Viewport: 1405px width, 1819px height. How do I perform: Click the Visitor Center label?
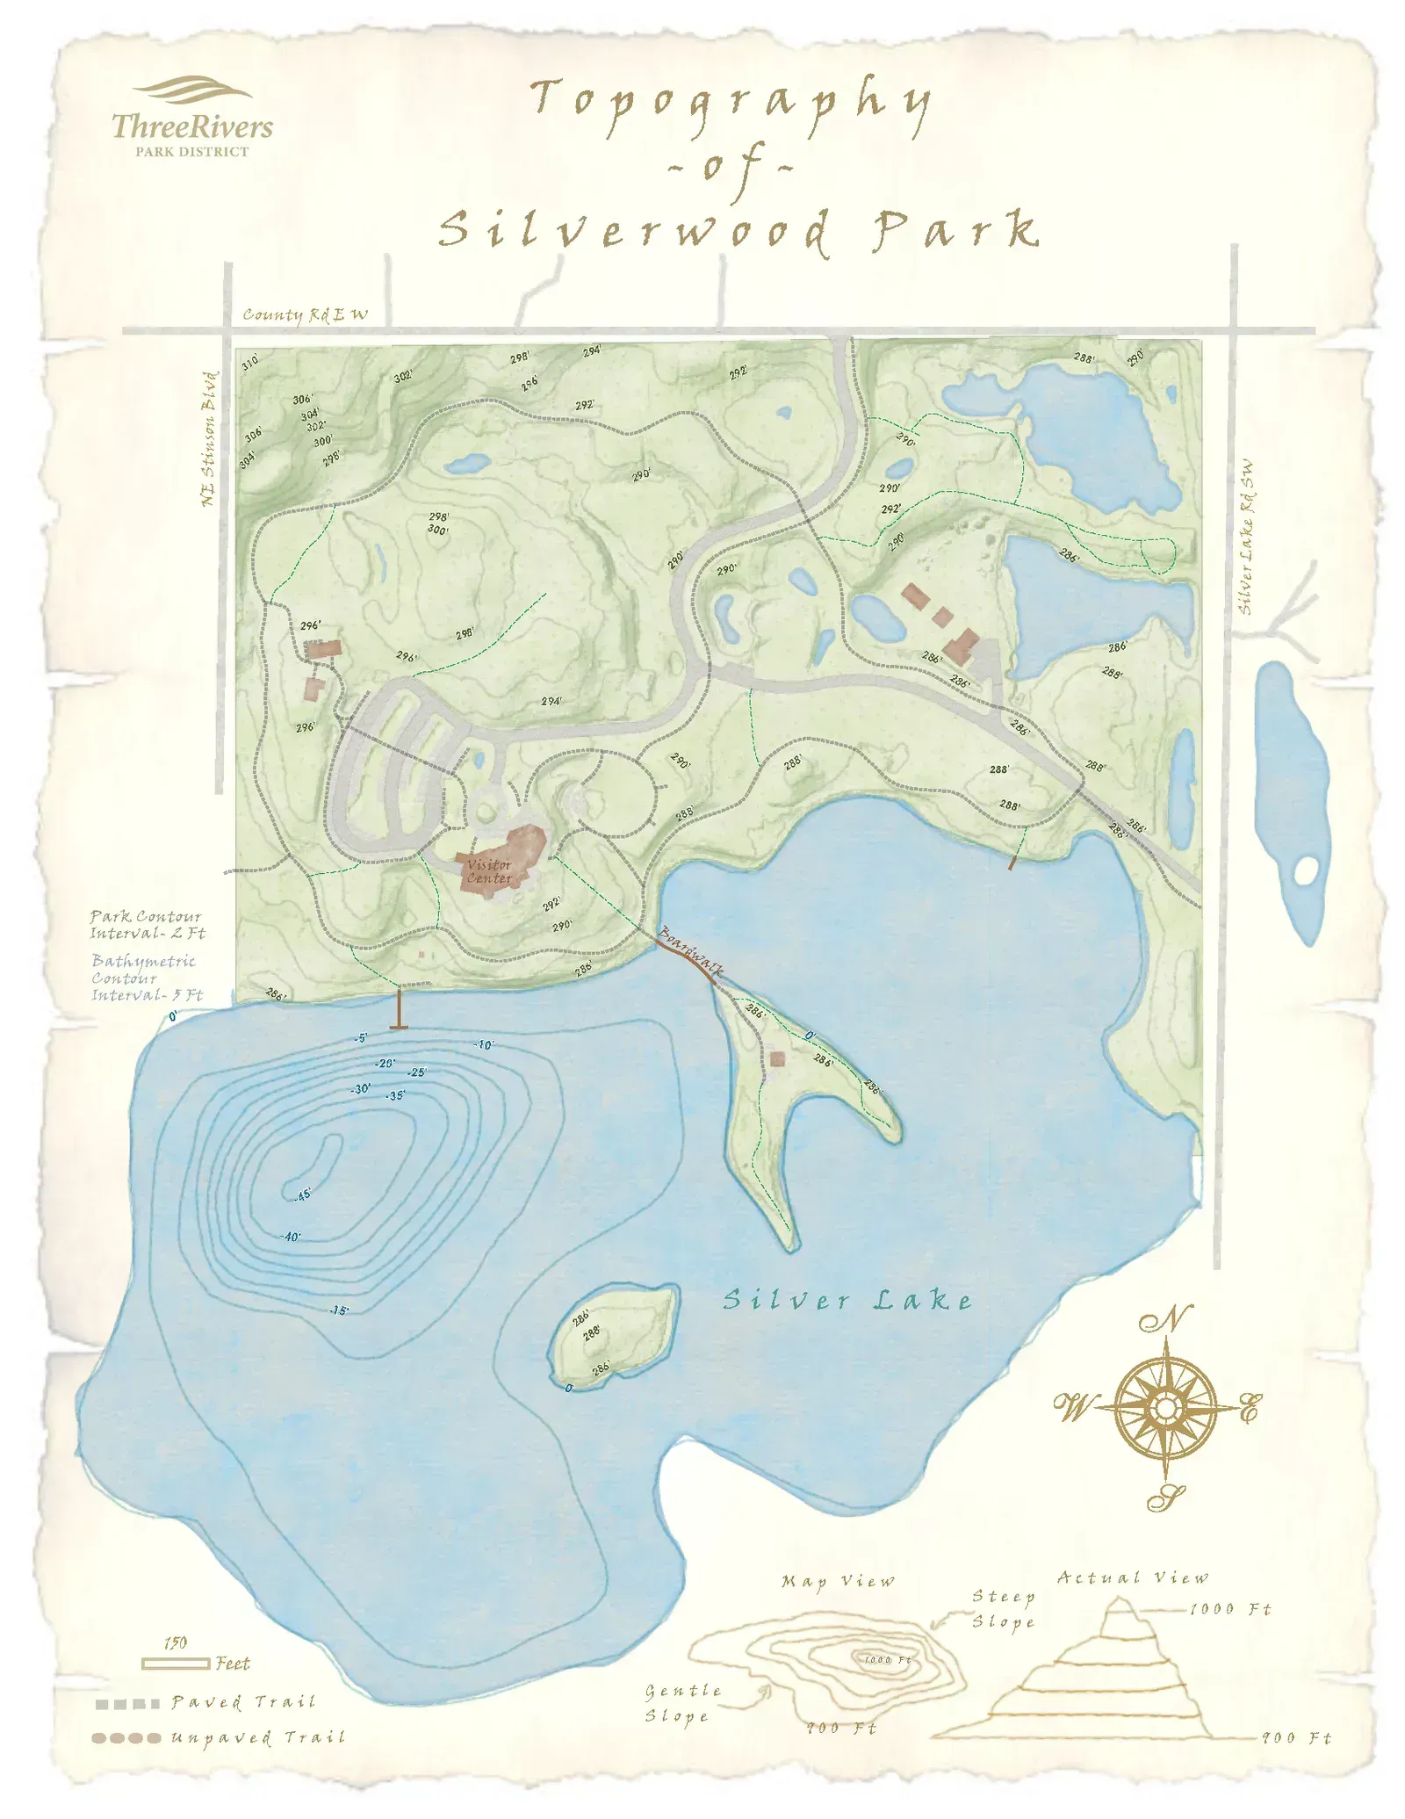(488, 871)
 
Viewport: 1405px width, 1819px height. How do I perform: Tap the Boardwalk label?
(691, 951)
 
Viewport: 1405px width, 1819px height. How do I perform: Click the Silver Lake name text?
(847, 1301)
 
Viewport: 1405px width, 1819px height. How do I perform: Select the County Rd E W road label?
(305, 314)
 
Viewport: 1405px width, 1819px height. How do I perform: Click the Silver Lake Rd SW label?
(1245, 538)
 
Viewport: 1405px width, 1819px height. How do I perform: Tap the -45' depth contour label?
(302, 1195)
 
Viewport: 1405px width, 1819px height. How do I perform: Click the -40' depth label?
(291, 1237)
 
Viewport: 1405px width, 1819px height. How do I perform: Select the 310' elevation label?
(250, 361)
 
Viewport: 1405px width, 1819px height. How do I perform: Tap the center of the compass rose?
(1165, 1409)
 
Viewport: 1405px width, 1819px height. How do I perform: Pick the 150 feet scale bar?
(177, 1664)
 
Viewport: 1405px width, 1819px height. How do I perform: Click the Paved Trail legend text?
(243, 1702)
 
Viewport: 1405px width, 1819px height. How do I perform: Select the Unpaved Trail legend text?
(258, 1737)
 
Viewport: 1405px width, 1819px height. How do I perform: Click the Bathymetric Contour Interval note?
(146, 978)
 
